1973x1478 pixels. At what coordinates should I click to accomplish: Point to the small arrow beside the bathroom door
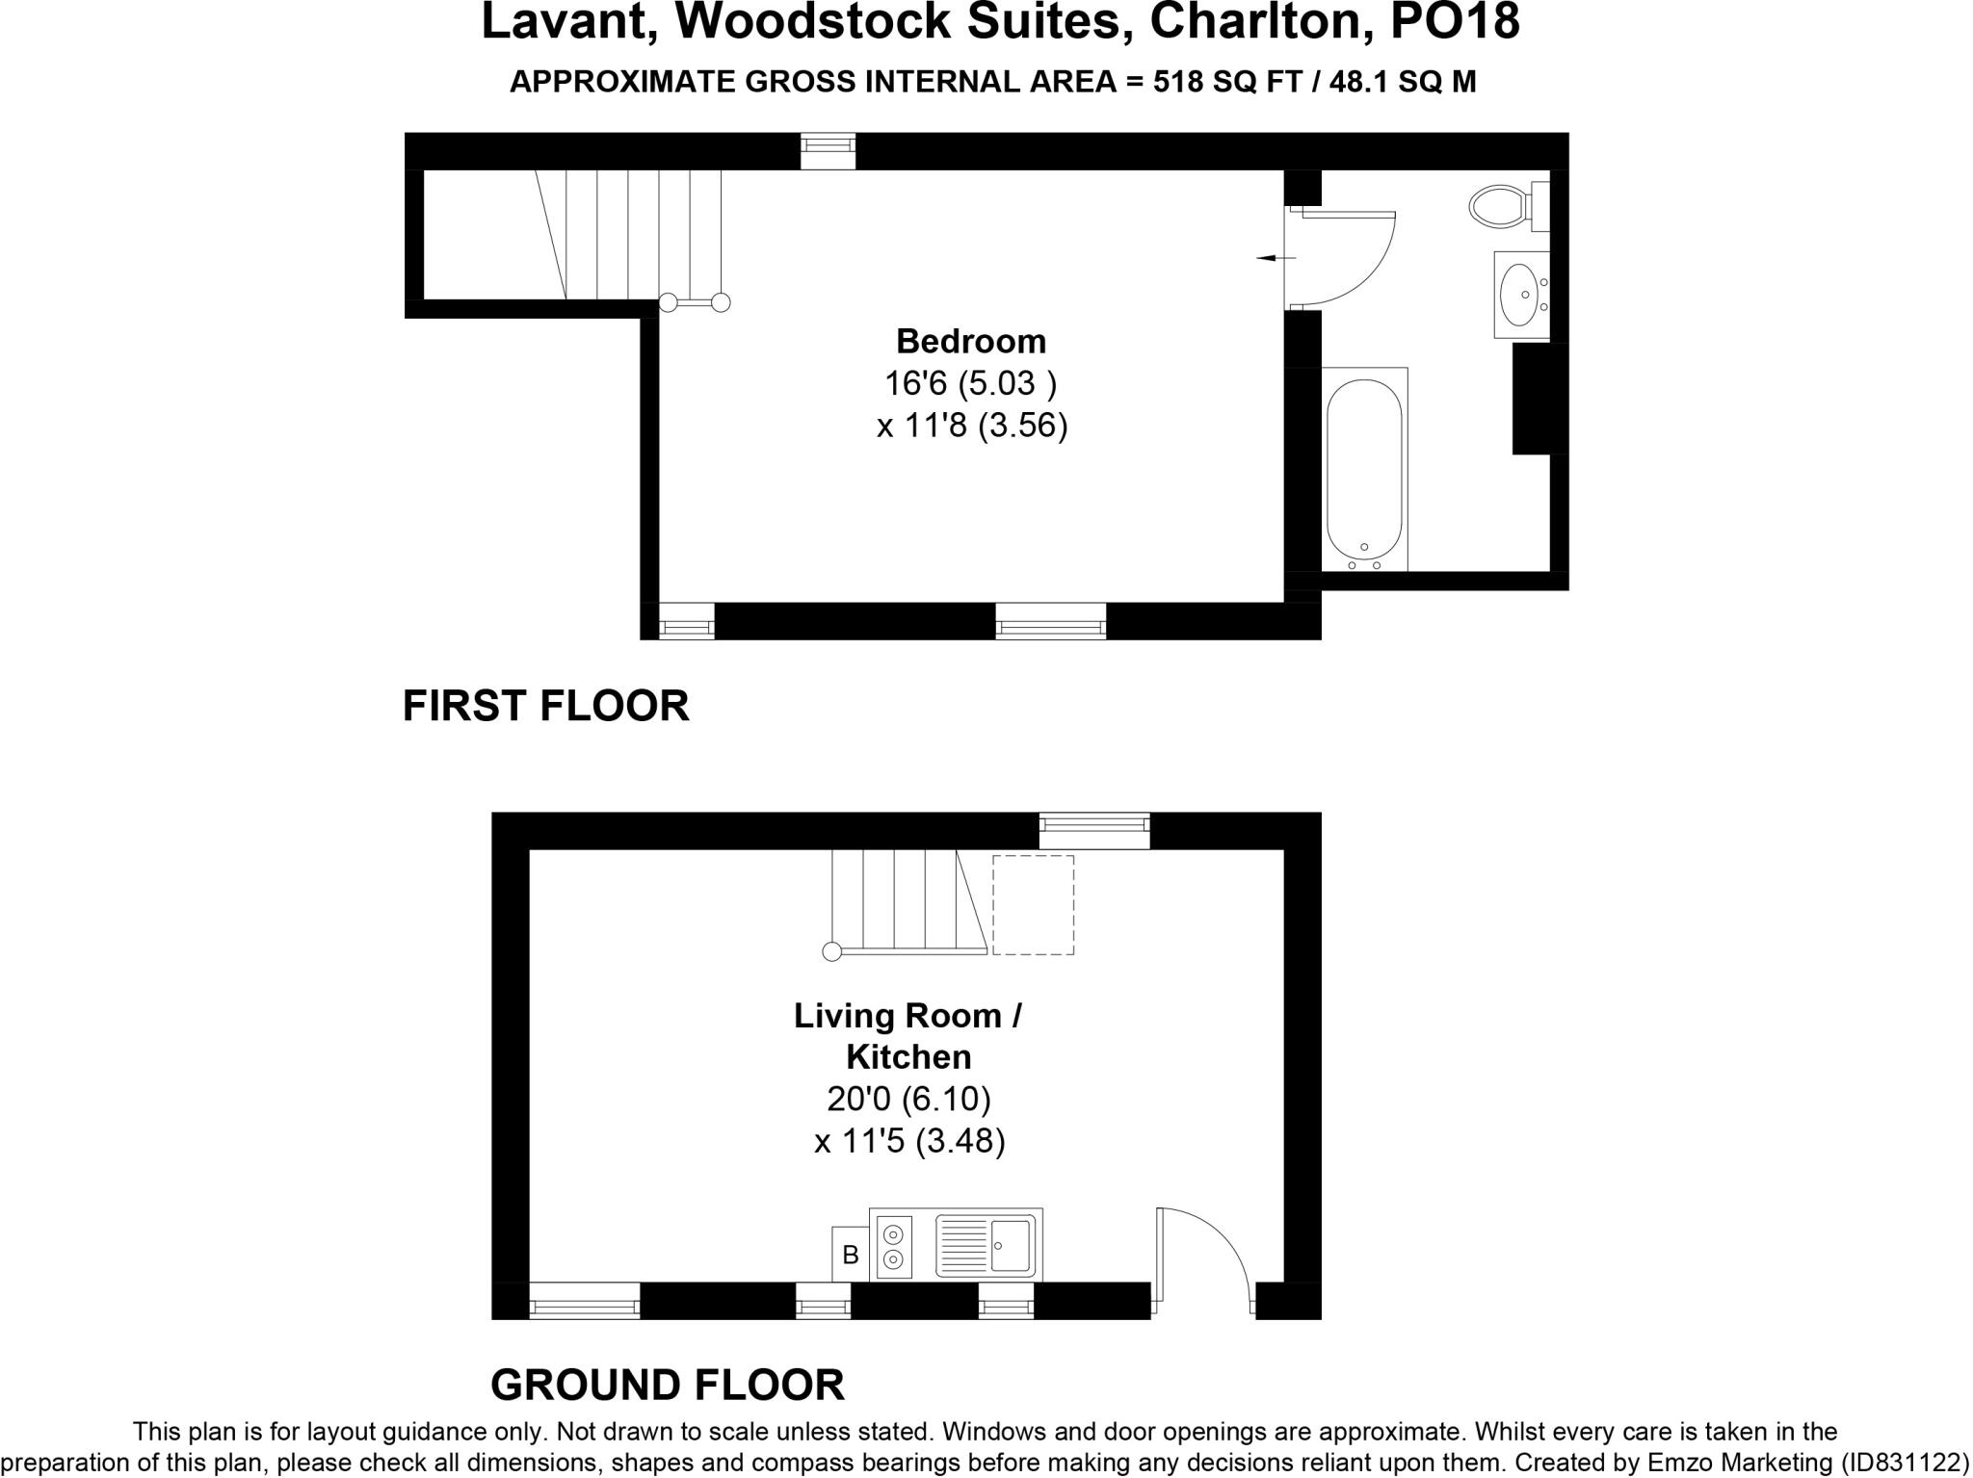(x=1276, y=258)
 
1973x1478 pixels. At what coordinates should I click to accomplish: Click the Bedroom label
(x=970, y=341)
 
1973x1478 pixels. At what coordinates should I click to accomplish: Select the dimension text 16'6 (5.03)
(x=970, y=383)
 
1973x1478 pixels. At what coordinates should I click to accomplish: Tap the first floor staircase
(x=636, y=234)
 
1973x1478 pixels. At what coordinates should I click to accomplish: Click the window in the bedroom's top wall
(x=828, y=151)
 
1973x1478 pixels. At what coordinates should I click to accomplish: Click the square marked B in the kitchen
(x=850, y=1255)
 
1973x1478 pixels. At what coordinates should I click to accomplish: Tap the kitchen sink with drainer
(x=986, y=1245)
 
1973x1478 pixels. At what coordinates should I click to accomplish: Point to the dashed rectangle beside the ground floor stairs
(x=1033, y=904)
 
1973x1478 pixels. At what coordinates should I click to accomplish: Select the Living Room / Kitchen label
(x=908, y=1036)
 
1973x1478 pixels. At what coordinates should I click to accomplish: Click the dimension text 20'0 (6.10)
(x=908, y=1098)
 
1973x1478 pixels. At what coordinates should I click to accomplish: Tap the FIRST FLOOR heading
(x=545, y=706)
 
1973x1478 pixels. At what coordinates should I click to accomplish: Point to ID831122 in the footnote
(x=1897, y=1461)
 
